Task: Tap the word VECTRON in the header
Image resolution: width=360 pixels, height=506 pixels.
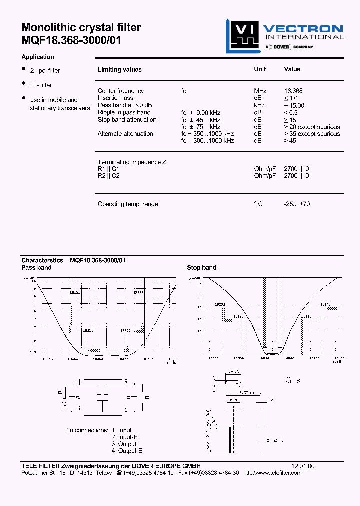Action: click(303, 29)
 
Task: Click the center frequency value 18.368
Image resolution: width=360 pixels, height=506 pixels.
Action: click(293, 91)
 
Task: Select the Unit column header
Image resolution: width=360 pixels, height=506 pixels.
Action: click(260, 69)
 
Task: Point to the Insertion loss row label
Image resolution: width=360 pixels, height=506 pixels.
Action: click(115, 98)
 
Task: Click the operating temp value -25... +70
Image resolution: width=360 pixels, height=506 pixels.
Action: click(297, 204)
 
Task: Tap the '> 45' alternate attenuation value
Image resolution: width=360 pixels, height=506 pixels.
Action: click(290, 141)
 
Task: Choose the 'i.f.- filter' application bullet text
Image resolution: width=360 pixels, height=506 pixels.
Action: click(41, 85)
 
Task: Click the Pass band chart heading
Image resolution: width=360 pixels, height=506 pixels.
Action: click(36, 267)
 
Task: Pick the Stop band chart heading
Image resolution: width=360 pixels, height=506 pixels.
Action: click(202, 267)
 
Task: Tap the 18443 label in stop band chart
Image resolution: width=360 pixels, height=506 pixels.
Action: click(325, 304)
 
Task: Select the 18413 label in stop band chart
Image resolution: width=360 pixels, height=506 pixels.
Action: click(306, 316)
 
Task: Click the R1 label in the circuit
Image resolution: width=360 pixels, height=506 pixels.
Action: click(60, 392)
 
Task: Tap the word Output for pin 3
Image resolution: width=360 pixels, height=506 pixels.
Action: click(127, 444)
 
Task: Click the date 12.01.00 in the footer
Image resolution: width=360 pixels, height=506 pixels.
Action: click(303, 465)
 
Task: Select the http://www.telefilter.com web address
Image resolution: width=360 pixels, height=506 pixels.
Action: click(272, 472)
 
